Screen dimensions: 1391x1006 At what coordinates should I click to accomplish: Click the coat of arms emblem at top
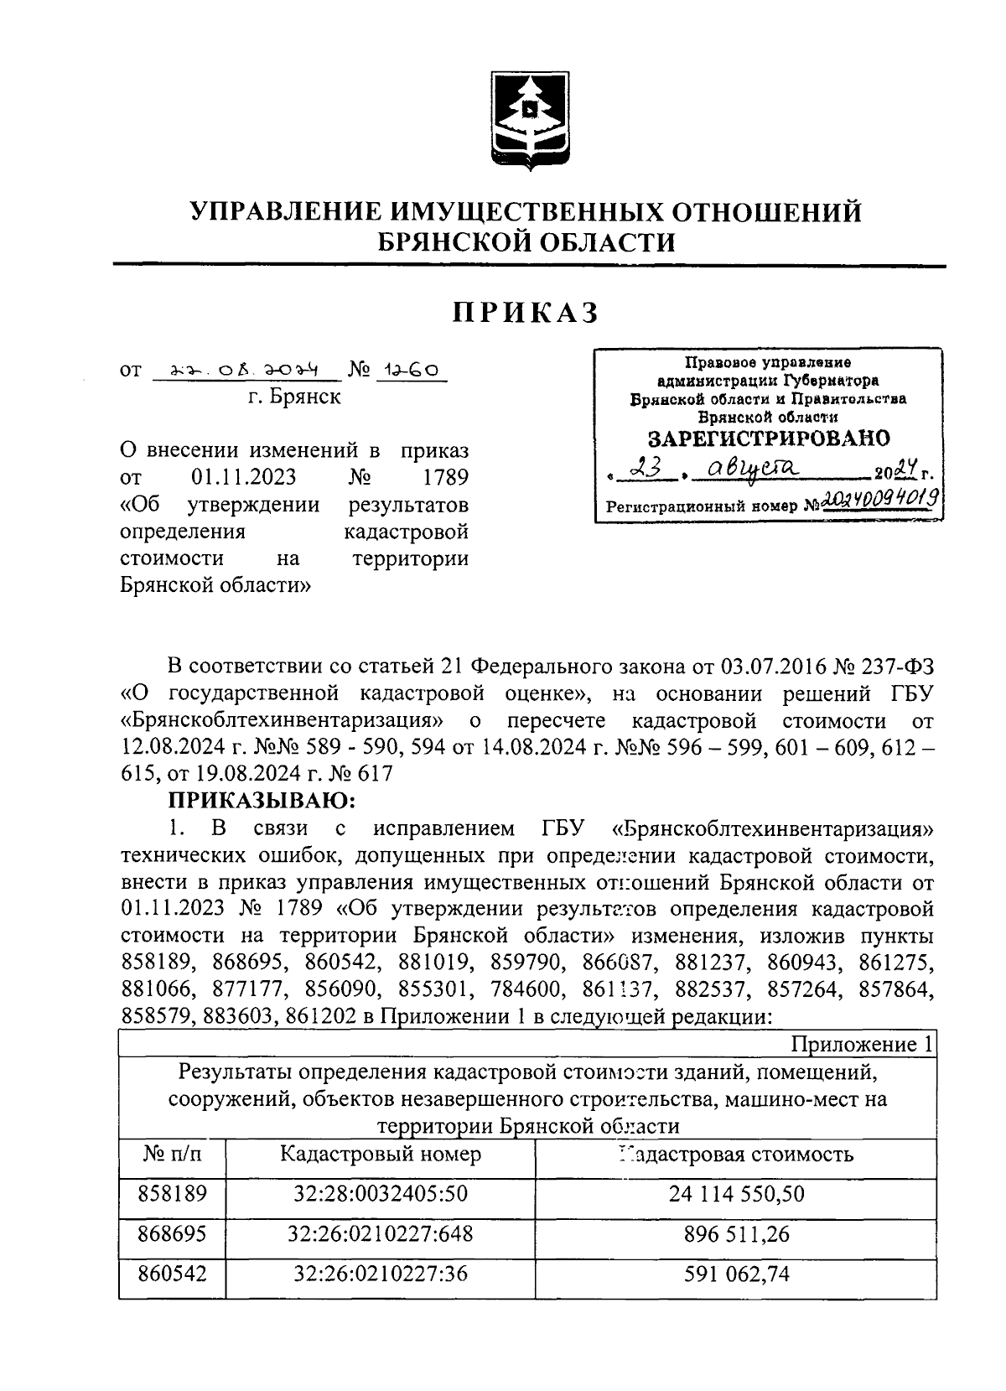pos(529,120)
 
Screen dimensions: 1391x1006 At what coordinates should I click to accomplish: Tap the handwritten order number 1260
pos(412,370)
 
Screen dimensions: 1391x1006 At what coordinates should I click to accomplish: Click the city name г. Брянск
pos(293,397)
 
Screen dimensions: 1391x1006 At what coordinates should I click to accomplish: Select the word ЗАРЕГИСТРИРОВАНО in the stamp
pos(769,438)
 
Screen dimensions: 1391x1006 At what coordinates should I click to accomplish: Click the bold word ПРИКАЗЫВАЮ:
pos(262,800)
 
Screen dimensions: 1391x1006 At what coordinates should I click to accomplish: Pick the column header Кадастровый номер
pos(381,1154)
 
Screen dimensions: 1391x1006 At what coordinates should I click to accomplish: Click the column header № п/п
pos(172,1154)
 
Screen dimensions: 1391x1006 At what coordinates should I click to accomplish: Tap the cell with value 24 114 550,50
pos(736,1193)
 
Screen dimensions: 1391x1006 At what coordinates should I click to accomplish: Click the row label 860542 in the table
pos(172,1274)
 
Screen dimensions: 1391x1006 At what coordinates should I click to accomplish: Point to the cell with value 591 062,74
pos(736,1274)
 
